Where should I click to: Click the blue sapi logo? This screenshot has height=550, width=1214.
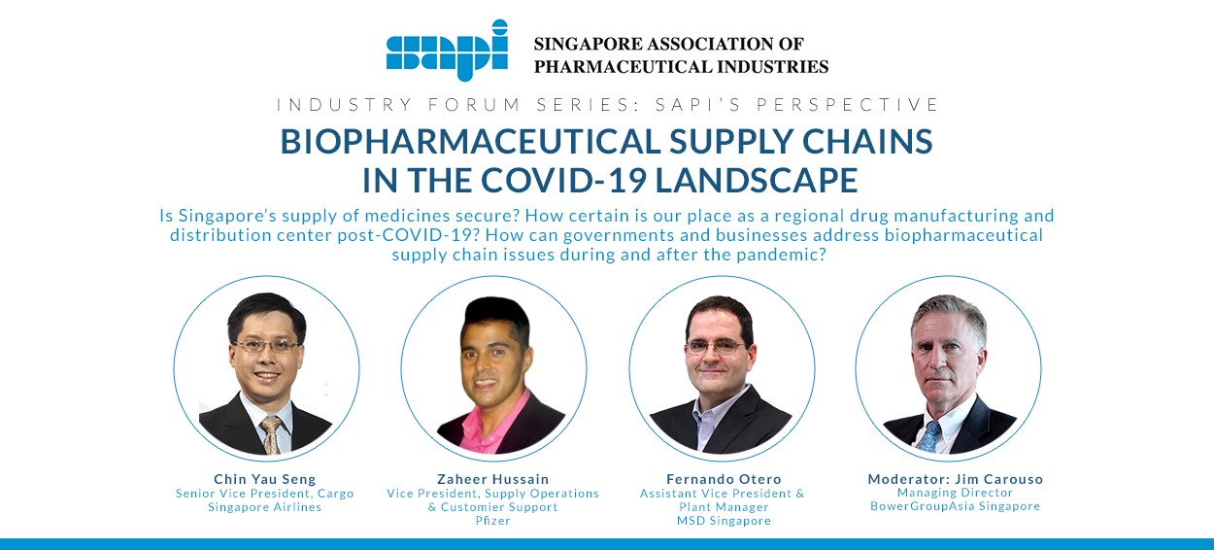point(447,51)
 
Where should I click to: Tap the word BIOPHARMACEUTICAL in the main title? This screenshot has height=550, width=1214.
point(470,142)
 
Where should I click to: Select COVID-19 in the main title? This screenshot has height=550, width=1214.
point(563,180)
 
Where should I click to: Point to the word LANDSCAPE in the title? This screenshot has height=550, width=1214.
point(757,180)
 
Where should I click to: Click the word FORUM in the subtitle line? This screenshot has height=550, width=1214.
point(475,104)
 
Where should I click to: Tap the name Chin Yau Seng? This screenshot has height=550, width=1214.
point(265,479)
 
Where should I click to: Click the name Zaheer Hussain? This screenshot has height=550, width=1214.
point(493,479)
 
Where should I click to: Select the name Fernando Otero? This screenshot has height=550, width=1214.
point(725,479)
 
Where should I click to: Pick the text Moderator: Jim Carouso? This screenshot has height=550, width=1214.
point(956,479)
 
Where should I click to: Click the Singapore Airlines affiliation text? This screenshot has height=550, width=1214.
point(265,507)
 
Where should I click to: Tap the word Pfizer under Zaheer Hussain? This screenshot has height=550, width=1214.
point(493,521)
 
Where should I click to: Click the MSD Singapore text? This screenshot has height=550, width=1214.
point(725,521)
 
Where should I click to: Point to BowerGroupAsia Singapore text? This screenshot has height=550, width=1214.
point(956,506)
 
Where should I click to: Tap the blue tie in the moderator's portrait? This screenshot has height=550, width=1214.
point(928,436)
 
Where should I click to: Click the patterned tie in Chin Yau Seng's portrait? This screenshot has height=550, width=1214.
point(272,435)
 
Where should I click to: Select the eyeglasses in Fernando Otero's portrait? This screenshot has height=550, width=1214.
point(714,347)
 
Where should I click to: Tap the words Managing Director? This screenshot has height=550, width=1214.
point(956,493)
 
